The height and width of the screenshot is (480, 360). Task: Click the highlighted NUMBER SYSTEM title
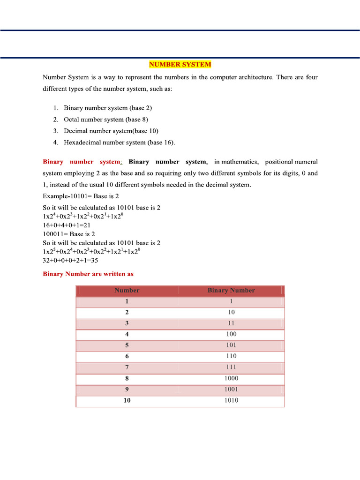click(x=180, y=65)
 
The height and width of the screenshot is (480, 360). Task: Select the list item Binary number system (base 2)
click(x=108, y=108)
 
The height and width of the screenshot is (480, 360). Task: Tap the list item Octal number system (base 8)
click(x=106, y=120)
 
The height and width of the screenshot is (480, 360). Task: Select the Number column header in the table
click(x=127, y=291)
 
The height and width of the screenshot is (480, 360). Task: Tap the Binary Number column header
click(x=231, y=291)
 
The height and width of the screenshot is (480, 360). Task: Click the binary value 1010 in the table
click(x=231, y=400)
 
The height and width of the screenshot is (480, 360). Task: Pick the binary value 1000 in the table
click(x=231, y=378)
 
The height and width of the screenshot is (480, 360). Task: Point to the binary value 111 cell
click(x=231, y=367)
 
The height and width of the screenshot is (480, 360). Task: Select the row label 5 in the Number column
click(x=127, y=345)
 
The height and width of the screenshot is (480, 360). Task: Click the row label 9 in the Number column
click(x=127, y=389)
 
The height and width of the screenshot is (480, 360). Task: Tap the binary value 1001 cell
click(x=231, y=389)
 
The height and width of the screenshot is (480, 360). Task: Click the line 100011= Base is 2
click(x=69, y=234)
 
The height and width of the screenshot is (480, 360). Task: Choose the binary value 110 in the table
click(x=231, y=356)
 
